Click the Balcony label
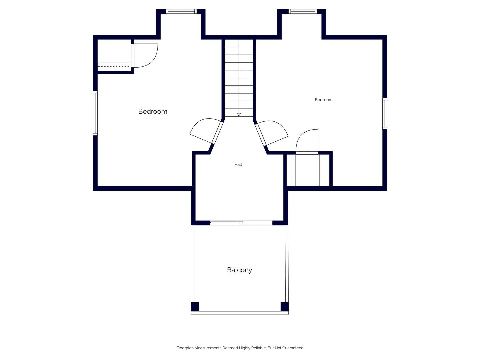tap(239, 270)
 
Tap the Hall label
tap(238, 164)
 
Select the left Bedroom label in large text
tap(153, 111)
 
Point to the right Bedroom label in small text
tap(324, 100)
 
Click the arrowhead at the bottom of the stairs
tap(239, 115)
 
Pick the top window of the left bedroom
tap(181, 11)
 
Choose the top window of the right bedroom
tap(303, 11)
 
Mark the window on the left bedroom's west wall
tap(95, 113)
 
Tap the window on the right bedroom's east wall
tap(385, 114)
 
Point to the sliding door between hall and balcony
tap(241, 223)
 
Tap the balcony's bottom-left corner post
tap(195, 307)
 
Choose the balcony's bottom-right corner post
tap(285, 307)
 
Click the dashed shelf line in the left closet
tap(113, 66)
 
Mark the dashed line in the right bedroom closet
tap(291, 170)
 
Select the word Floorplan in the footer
tap(185, 348)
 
